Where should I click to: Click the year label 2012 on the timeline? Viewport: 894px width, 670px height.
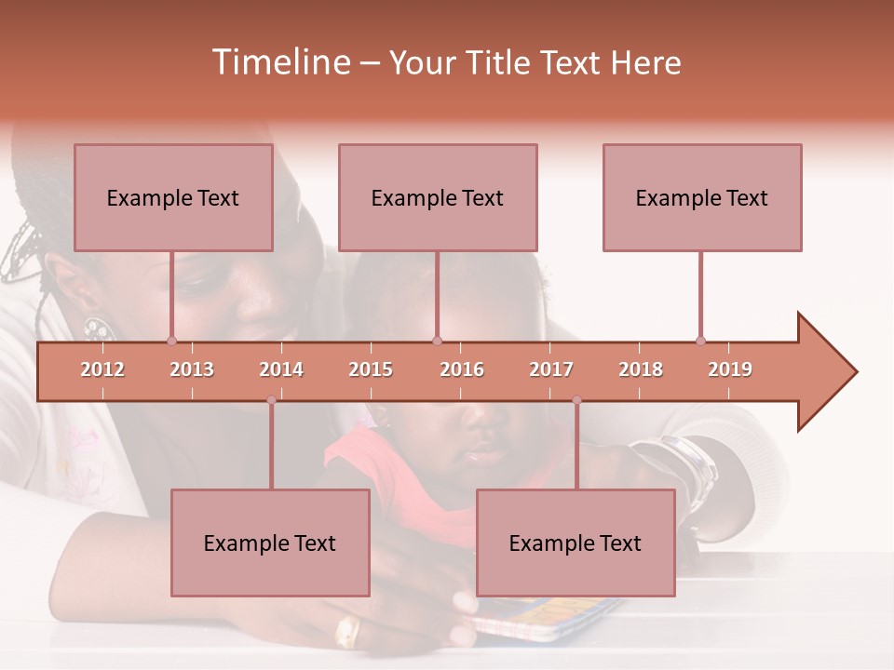pos(102,369)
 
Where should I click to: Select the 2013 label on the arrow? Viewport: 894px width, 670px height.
pos(192,369)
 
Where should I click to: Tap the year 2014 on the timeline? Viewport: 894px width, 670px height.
pos(281,369)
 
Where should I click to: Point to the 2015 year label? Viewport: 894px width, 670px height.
pos(371,369)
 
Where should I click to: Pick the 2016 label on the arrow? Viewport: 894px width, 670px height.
pos(462,369)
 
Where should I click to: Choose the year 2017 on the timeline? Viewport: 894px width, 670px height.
pos(551,369)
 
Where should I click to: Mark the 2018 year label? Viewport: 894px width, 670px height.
pos(641,369)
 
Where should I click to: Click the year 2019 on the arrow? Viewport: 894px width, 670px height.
pos(730,369)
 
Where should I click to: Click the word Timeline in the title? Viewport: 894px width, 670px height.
pos(279,62)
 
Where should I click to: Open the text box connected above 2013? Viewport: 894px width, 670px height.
pos(173,197)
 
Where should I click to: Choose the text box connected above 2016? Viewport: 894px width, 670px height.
pos(438,197)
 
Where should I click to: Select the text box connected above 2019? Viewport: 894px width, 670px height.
pos(702,197)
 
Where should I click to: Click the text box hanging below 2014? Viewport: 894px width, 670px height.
pos(270,543)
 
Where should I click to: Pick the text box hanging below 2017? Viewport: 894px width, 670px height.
pos(576,543)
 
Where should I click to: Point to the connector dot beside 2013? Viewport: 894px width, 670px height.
pos(171,341)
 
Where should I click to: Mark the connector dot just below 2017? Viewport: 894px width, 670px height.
pos(576,400)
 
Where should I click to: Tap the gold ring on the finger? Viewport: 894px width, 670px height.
pos(347,633)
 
